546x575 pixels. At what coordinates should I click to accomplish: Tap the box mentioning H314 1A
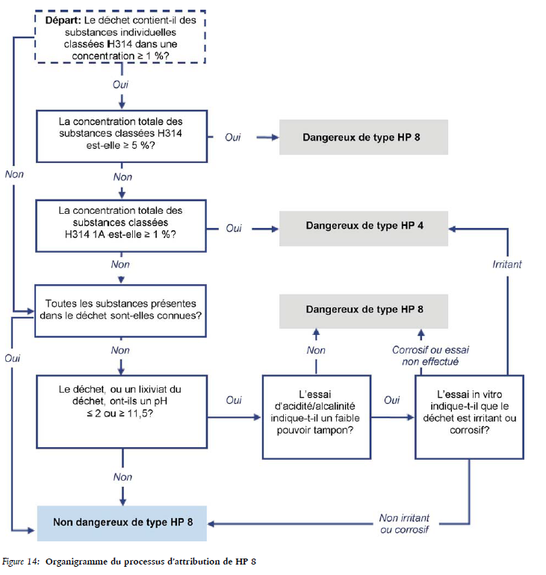tap(120, 222)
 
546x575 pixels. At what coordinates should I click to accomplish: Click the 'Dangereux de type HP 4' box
tap(363, 224)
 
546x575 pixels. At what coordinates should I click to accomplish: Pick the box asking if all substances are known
tap(120, 310)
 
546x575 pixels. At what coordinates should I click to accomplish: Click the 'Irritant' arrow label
tap(507, 264)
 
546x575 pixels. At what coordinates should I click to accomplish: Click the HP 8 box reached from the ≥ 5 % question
tap(363, 138)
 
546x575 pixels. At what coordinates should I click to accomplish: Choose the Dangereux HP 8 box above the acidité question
tap(364, 309)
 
